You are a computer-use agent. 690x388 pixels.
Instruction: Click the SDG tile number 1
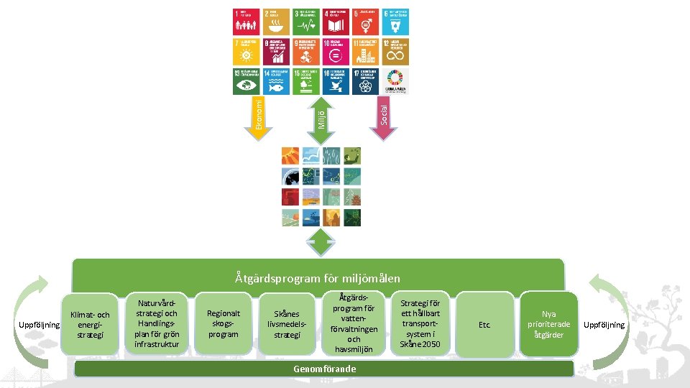(247, 22)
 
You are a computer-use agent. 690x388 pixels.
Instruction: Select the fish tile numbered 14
(277, 81)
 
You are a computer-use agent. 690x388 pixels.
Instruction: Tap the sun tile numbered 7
(247, 52)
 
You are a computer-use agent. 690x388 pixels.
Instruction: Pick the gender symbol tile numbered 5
(365, 22)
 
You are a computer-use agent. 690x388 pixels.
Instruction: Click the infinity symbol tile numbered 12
(395, 52)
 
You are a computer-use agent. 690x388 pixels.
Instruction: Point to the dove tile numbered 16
(336, 81)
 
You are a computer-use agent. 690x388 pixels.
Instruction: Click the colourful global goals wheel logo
(395, 80)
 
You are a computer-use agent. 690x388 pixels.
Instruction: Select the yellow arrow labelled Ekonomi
(262, 115)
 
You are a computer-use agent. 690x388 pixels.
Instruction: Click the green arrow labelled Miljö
(321, 115)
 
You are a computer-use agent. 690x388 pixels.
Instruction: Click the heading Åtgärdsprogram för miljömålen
(318, 278)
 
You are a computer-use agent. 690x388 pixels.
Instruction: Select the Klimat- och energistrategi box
(90, 325)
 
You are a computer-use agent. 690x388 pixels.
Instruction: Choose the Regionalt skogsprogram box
(223, 324)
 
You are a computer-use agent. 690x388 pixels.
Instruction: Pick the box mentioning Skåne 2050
(420, 324)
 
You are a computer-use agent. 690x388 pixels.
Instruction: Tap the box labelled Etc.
(485, 325)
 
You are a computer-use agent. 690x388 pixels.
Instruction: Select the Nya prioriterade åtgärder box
(548, 324)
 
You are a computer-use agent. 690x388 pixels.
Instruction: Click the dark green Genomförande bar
(324, 369)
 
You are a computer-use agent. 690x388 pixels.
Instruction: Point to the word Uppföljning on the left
(40, 325)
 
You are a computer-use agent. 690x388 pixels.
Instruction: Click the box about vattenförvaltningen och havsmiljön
(354, 324)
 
